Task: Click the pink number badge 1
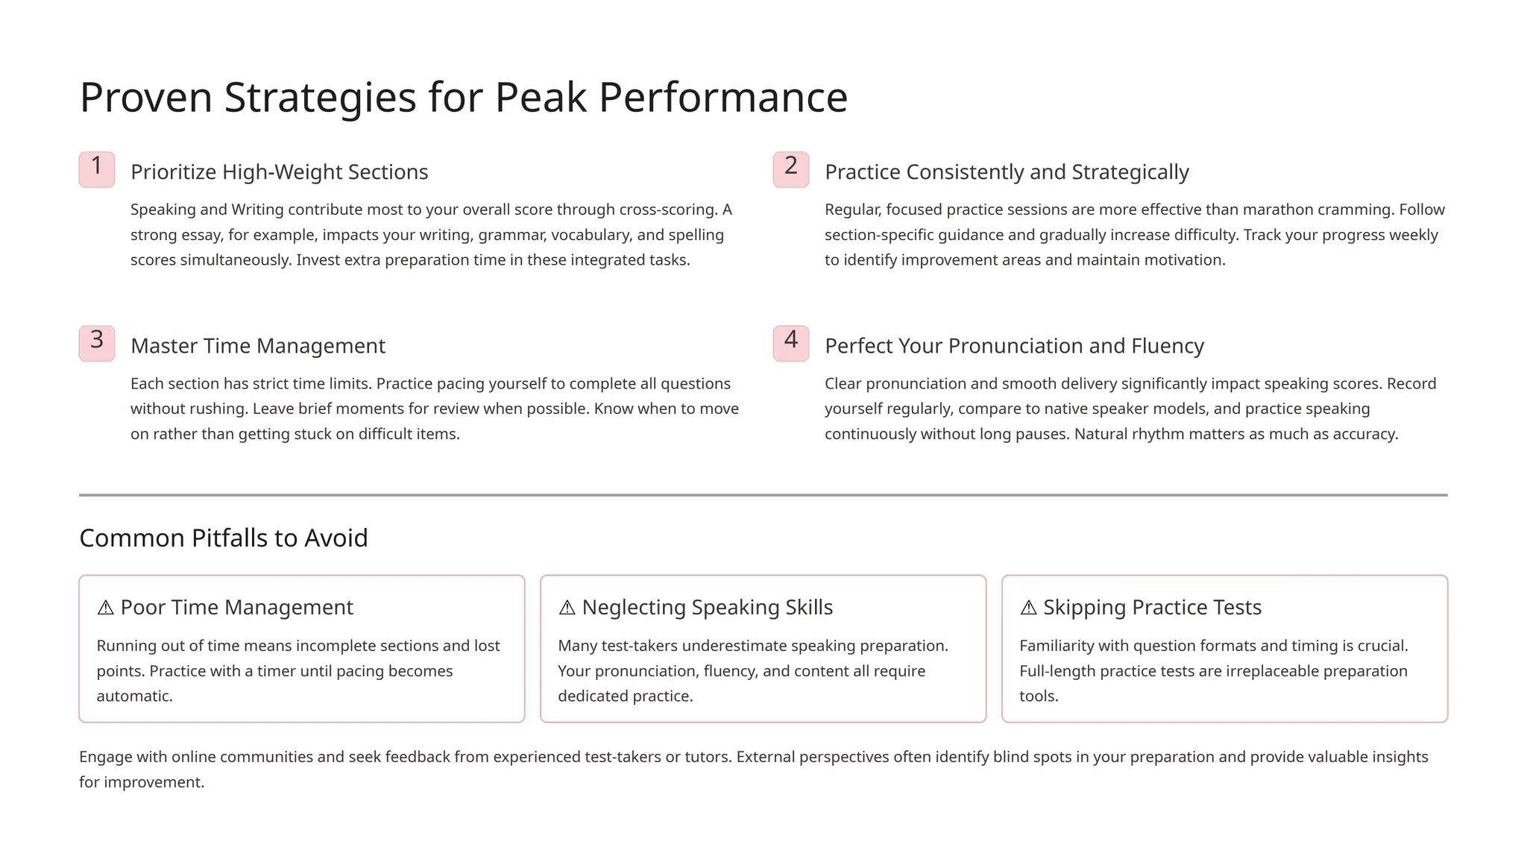97,169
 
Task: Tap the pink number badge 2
791,169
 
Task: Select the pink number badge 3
97,343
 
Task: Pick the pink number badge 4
791,343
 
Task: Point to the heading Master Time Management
258,346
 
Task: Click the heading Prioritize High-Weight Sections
279,172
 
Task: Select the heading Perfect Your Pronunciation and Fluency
1014,346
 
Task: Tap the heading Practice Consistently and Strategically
1007,172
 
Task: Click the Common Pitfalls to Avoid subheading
224,538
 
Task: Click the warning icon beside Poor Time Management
106,608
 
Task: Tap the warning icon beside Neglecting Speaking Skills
567,608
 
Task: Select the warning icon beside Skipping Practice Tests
1029,608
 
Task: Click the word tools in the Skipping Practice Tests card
1039,696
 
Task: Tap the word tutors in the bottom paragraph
708,757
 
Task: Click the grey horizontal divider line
763,495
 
